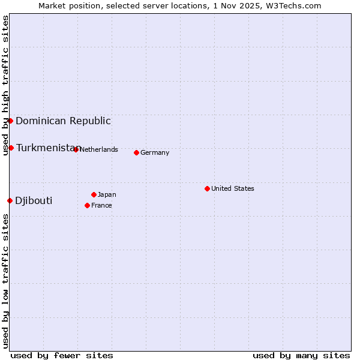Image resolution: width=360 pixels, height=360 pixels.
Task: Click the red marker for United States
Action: pyautogui.click(x=207, y=188)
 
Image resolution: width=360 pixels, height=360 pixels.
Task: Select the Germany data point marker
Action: pyautogui.click(x=136, y=152)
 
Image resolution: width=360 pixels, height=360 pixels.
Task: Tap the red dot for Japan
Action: pyautogui.click(x=94, y=194)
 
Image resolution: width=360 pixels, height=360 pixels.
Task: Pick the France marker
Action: pyautogui.click(x=87, y=205)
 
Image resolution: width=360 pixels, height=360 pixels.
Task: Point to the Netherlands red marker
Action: pyautogui.click(x=76, y=149)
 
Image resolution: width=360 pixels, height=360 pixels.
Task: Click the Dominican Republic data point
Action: pyautogui.click(x=10, y=121)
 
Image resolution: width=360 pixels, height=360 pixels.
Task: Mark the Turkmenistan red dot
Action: pyautogui.click(x=11, y=148)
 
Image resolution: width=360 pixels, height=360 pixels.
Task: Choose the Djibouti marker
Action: pyautogui.click(x=10, y=200)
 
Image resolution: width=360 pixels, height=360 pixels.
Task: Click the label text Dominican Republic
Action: pyautogui.click(x=63, y=121)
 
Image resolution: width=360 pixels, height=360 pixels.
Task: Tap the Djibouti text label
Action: pyautogui.click(x=34, y=200)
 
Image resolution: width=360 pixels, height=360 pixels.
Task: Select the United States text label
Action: pyautogui.click(x=233, y=188)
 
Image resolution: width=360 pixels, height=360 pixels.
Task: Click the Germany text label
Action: pyautogui.click(x=155, y=152)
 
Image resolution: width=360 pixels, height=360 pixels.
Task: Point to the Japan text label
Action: pyautogui.click(x=107, y=194)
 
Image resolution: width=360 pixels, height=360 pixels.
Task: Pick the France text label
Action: pyautogui.click(x=101, y=205)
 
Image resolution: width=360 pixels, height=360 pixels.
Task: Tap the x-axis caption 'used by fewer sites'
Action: pyautogui.click(x=62, y=355)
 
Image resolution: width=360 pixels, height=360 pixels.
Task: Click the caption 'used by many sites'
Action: pyautogui.click(x=301, y=355)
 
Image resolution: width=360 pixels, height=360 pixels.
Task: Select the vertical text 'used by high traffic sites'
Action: pyautogui.click(x=5, y=85)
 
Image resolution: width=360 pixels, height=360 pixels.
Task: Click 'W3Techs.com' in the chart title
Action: pyautogui.click(x=295, y=5)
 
